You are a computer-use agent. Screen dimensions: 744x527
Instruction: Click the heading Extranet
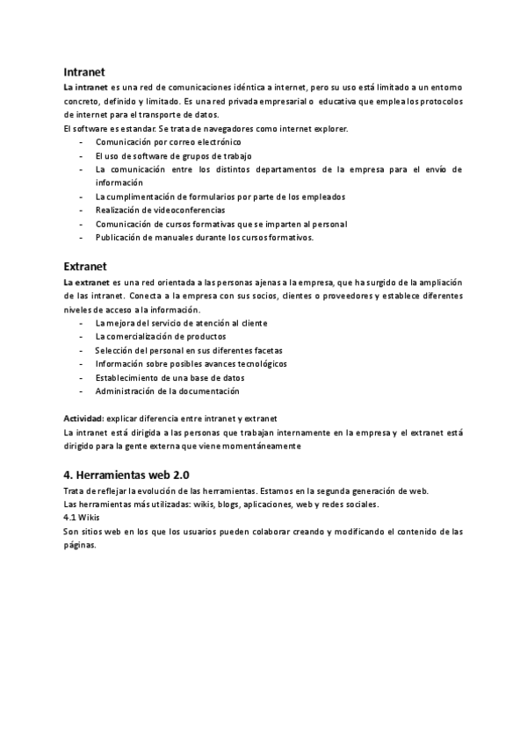pyautogui.click(x=86, y=265)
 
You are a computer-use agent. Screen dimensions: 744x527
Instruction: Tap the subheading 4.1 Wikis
pyautogui.click(x=82, y=518)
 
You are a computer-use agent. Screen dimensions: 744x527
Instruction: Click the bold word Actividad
pyautogui.click(x=83, y=418)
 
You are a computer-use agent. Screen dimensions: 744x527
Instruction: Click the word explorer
pyautogui.click(x=329, y=129)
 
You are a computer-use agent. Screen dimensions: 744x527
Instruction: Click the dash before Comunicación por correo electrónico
pyautogui.click(x=80, y=142)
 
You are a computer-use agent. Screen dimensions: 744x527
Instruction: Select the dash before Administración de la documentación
pyautogui.click(x=80, y=391)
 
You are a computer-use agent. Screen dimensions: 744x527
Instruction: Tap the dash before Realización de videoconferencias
pyautogui.click(x=80, y=211)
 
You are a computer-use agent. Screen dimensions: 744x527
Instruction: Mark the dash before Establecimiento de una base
pyautogui.click(x=80, y=377)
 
